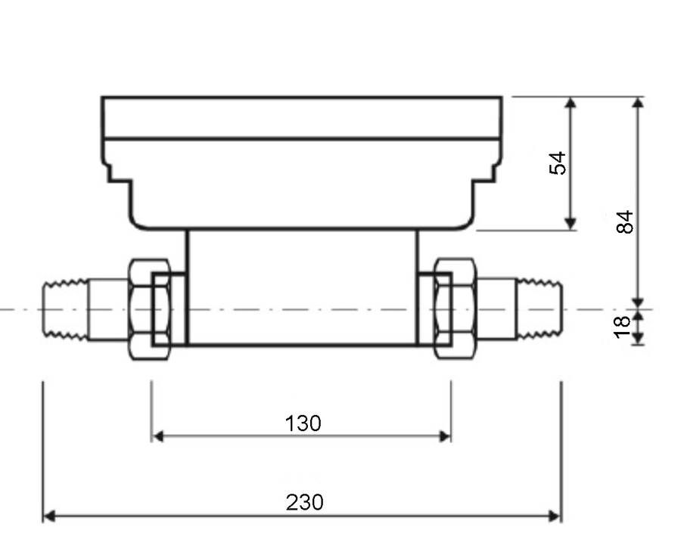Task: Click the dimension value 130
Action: click(x=303, y=423)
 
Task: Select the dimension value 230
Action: click(x=304, y=502)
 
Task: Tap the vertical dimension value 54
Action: click(x=558, y=163)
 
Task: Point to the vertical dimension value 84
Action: click(x=625, y=222)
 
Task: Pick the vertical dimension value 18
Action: click(x=622, y=327)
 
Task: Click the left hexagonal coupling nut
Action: click(x=150, y=309)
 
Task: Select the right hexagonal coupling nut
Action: click(x=456, y=308)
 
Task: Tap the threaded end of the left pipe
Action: click(x=66, y=310)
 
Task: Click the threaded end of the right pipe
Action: click(x=540, y=309)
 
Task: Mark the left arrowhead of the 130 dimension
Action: click(x=158, y=436)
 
